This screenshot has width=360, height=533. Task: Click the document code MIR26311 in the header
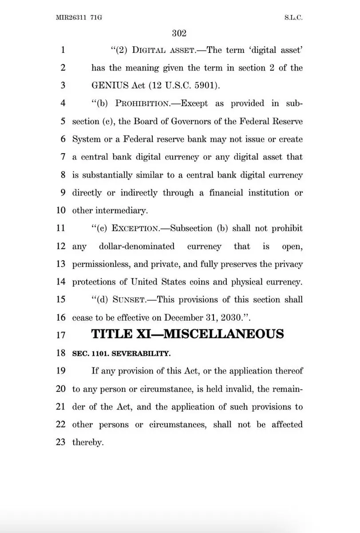pyautogui.click(x=72, y=18)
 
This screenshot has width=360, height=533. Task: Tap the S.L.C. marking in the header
pyautogui.click(x=293, y=18)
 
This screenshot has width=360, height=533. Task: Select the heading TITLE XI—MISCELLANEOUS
pyautogui.click(x=187, y=334)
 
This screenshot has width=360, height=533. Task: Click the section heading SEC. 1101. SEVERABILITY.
pyautogui.click(x=121, y=354)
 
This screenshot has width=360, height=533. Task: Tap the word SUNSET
pyautogui.click(x=129, y=300)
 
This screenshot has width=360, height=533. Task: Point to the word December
pyautogui.click(x=184, y=318)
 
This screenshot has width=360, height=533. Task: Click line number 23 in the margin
pyautogui.click(x=61, y=442)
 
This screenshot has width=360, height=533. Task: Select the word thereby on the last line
pyautogui.click(x=87, y=443)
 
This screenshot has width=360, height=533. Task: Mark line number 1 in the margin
pyautogui.click(x=63, y=50)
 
